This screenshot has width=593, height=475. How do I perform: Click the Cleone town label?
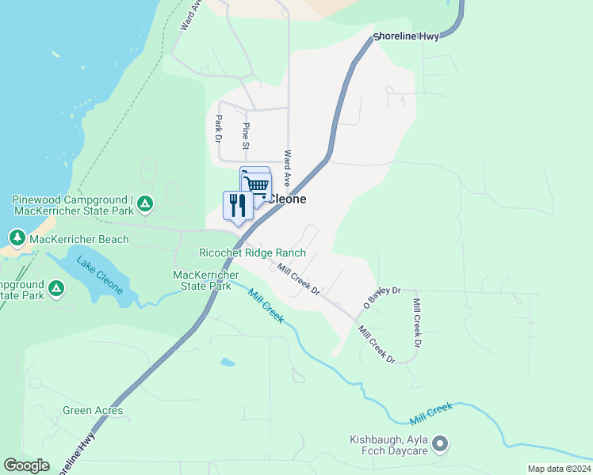click(x=287, y=199)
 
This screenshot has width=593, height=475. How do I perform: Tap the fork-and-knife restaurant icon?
click(x=238, y=206)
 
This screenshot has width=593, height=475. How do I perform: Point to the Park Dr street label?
click(x=219, y=128)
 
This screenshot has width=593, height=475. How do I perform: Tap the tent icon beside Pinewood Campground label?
click(x=144, y=204)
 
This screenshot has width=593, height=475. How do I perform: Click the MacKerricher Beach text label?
click(x=79, y=238)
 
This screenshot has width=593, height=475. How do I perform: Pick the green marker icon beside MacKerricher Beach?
click(x=17, y=237)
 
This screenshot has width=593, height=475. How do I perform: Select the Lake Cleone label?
click(x=100, y=275)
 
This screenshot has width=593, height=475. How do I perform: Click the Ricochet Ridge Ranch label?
click(x=253, y=253)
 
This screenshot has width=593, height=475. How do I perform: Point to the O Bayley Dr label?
click(x=383, y=298)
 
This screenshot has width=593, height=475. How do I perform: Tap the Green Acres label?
click(x=94, y=410)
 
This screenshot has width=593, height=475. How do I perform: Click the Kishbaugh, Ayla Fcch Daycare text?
click(x=388, y=445)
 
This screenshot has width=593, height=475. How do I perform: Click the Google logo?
click(x=26, y=465)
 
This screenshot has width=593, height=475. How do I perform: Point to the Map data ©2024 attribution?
click(x=559, y=469)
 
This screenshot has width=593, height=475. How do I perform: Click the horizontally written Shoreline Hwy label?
click(x=406, y=36)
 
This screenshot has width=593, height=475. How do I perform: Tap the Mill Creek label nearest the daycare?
click(x=431, y=412)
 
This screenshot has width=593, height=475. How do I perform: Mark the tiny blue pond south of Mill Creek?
click(x=228, y=362)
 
